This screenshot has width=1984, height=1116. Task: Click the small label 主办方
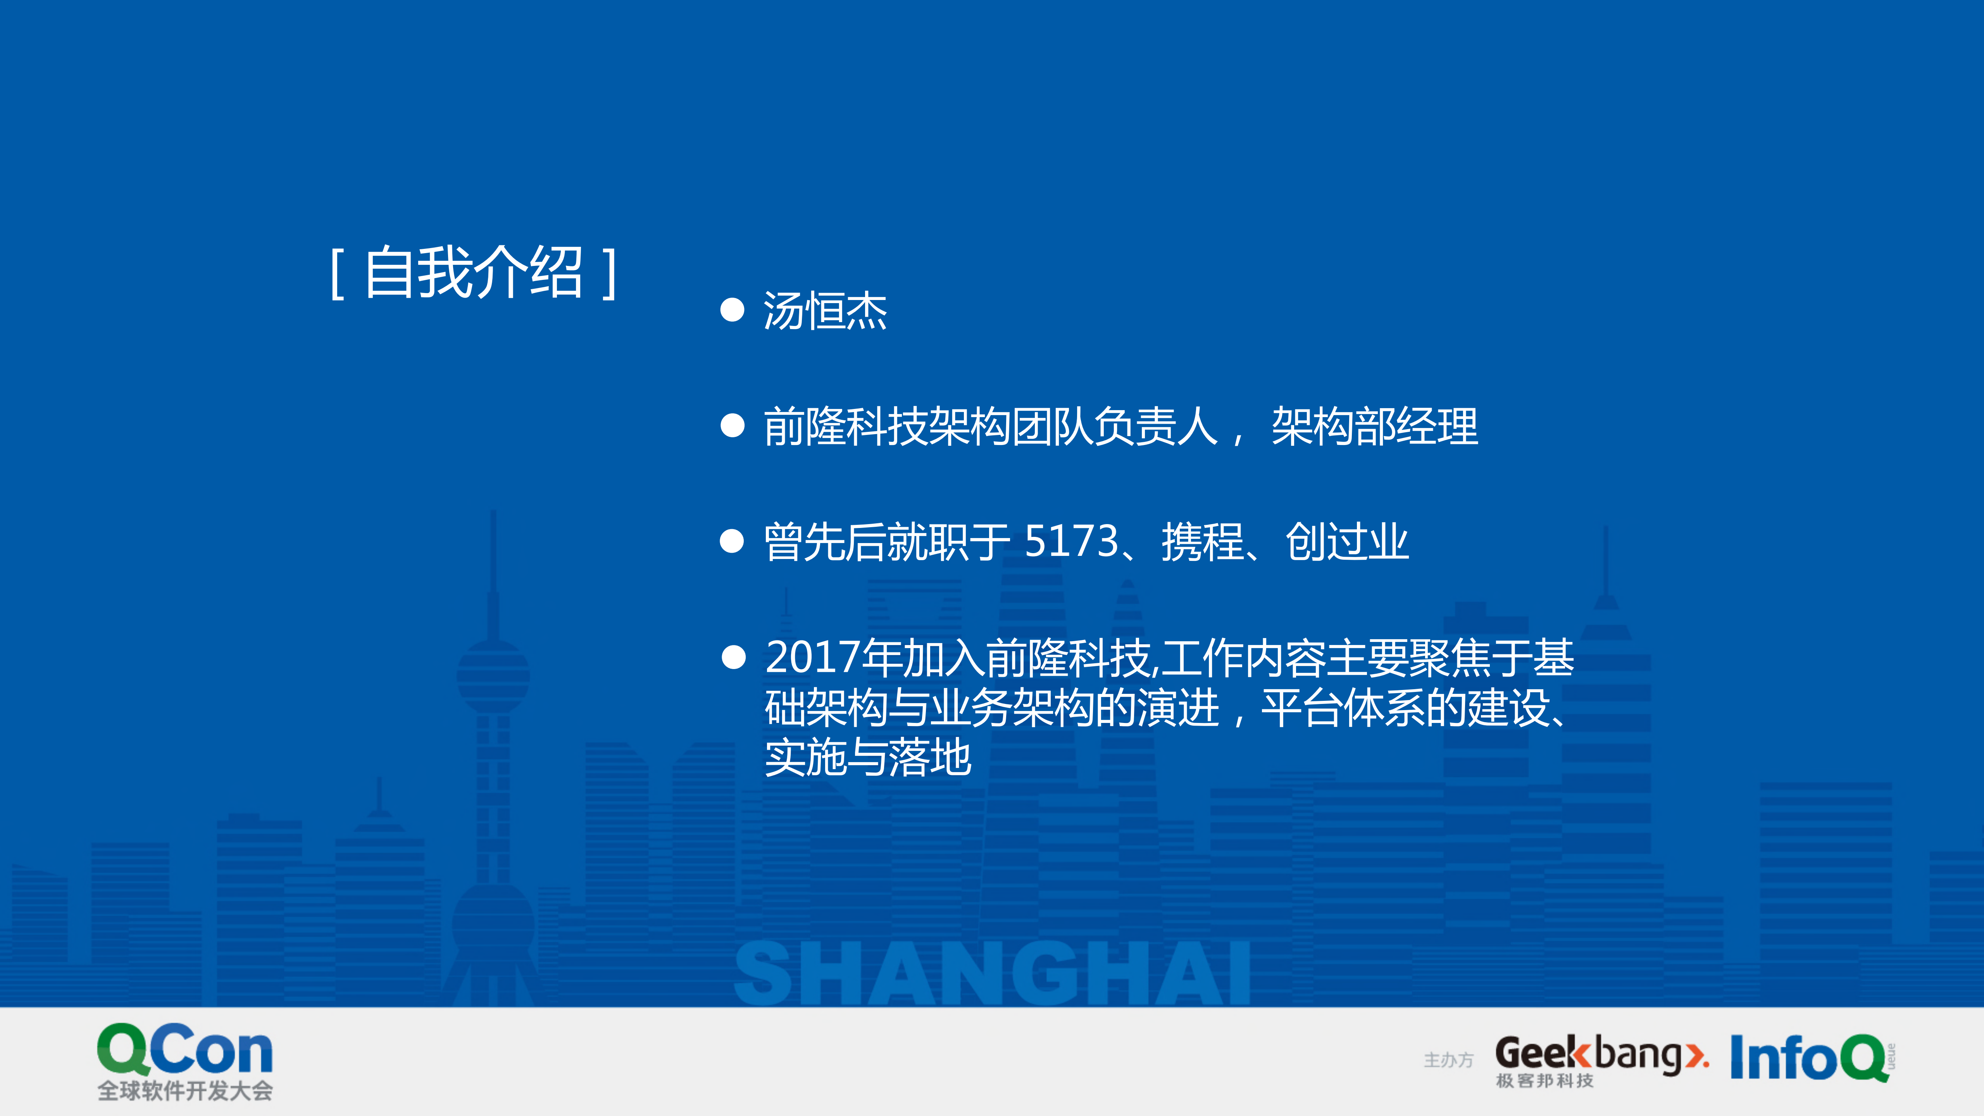click(1448, 1061)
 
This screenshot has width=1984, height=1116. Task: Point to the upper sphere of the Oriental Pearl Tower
click(493, 676)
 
